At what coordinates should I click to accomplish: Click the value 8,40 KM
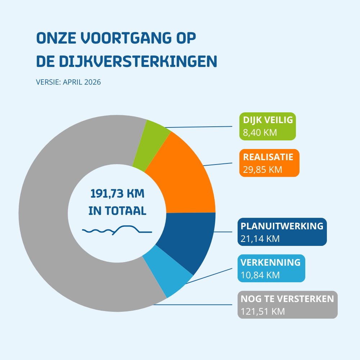click(260, 132)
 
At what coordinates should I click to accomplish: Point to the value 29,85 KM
click(262, 170)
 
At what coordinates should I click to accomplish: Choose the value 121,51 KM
click(263, 311)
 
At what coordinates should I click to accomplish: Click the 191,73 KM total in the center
click(117, 194)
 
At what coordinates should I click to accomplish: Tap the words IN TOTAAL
click(117, 211)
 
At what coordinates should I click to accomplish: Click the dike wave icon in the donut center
click(117, 230)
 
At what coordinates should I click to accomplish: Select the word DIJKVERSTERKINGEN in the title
click(127, 61)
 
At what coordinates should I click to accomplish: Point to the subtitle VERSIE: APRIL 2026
click(68, 82)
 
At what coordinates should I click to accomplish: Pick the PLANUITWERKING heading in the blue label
click(282, 226)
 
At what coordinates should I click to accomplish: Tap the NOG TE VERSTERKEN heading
click(287, 299)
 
